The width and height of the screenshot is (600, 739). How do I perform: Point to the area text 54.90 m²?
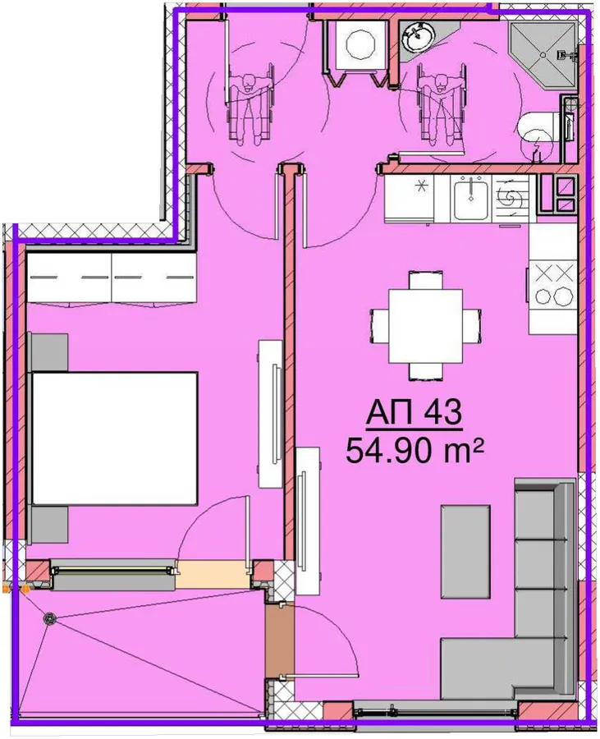[x=415, y=450]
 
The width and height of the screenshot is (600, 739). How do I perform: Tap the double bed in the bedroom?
[x=114, y=438]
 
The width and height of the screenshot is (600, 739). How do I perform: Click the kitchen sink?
[x=470, y=199]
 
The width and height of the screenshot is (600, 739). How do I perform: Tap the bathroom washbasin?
[x=417, y=37]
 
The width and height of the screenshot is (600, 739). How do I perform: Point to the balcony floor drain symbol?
[x=49, y=619]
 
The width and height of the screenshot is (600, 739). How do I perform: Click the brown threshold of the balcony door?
[x=280, y=641]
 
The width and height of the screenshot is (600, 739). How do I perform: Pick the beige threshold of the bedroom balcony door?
[x=213, y=575]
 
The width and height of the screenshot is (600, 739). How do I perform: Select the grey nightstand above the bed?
[x=49, y=352]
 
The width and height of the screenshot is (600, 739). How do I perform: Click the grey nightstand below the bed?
[x=49, y=526]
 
